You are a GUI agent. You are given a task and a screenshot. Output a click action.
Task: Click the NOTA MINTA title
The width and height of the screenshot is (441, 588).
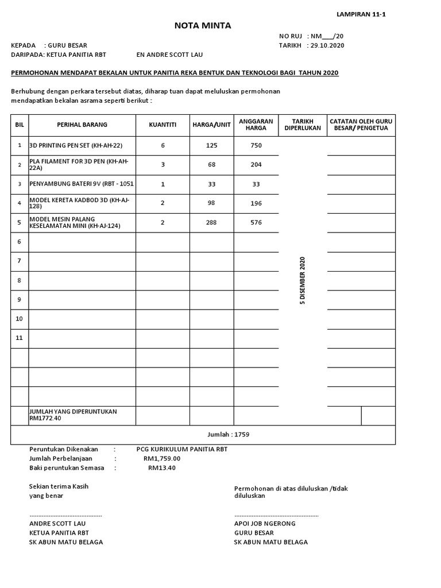coord(203,25)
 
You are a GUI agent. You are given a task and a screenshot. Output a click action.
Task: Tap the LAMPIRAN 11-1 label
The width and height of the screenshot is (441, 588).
coord(361,14)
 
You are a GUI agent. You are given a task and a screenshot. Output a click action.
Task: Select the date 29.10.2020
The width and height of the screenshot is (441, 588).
coord(327,45)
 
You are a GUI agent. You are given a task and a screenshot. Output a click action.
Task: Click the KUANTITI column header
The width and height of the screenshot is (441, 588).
coord(163,125)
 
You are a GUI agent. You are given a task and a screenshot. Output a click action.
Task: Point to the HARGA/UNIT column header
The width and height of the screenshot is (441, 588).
coord(211,125)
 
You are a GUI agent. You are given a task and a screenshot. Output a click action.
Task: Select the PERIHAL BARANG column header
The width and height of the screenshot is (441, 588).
coord(82,125)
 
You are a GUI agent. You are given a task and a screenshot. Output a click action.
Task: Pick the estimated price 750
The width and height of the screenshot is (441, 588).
coord(256,146)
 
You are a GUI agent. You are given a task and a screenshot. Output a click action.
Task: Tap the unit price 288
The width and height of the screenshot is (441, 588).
coord(211,222)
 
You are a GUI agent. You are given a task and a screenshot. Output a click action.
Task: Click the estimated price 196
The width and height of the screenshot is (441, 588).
coord(256,203)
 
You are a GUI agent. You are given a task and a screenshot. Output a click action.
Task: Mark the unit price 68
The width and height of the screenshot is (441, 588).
coord(211,165)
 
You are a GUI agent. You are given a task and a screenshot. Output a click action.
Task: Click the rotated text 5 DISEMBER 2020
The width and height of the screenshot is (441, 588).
coord(303,281)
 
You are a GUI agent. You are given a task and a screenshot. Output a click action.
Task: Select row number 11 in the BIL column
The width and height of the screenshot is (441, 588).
coord(20,338)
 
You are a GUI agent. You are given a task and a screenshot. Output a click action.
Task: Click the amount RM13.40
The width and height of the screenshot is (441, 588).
coord(162,468)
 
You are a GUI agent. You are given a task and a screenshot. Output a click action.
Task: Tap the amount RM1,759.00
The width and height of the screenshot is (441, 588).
coord(162,459)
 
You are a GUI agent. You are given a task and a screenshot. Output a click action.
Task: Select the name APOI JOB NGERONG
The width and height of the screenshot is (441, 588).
coord(265,524)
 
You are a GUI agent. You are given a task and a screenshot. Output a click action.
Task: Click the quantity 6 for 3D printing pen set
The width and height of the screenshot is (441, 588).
coord(163,146)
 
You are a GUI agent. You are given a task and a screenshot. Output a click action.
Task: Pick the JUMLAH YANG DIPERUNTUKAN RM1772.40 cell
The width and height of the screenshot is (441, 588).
coord(73,415)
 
